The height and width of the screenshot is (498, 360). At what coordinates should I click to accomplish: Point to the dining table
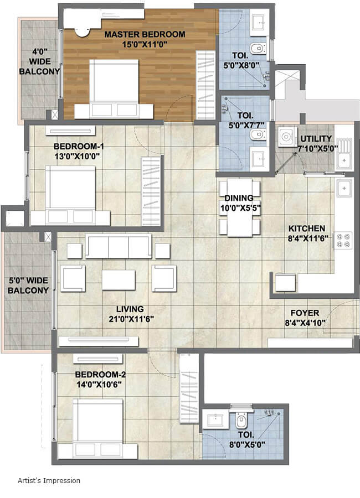point(239,208)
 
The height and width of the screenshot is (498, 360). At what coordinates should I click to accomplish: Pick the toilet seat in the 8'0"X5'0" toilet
point(241,422)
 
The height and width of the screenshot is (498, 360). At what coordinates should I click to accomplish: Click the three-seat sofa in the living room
point(117,247)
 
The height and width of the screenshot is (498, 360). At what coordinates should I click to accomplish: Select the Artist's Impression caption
point(48,480)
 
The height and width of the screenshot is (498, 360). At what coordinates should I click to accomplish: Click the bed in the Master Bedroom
point(114,89)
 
